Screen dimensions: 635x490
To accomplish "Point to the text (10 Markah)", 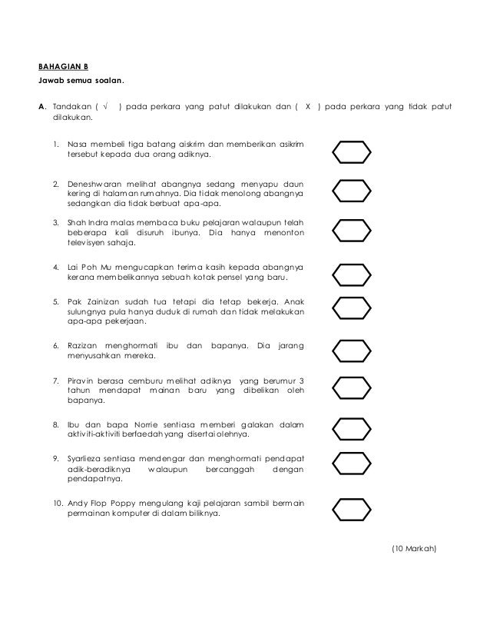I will pos(413,548).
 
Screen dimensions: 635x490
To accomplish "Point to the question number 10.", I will pos(58,503).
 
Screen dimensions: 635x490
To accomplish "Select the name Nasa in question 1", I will pos(78,143).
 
